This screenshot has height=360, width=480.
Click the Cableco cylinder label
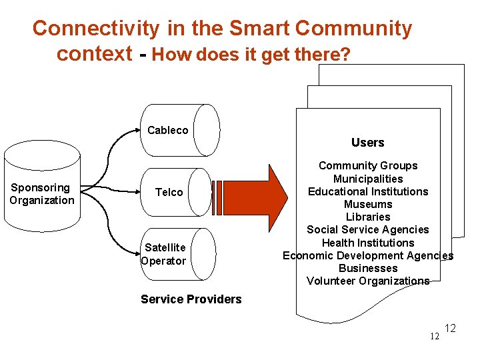[x=167, y=130]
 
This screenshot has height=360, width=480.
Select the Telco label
[x=169, y=192]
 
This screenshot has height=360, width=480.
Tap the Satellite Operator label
[x=164, y=254]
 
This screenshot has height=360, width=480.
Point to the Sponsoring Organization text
[x=41, y=194]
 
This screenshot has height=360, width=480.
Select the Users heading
[x=367, y=143]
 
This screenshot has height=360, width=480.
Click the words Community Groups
[x=368, y=165]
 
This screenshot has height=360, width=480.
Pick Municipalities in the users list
[x=368, y=179]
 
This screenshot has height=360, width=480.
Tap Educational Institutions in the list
[x=368, y=191]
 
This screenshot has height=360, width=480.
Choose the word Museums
[x=368, y=204]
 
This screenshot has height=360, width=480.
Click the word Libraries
[x=368, y=217]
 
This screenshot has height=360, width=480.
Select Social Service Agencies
[x=368, y=229]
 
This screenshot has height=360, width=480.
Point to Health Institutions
[x=368, y=243]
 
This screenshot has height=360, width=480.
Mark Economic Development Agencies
[x=368, y=255]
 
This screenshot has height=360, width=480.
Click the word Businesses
[x=368, y=268]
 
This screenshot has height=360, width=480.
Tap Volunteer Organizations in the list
[x=368, y=281]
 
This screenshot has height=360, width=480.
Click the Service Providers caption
[x=191, y=299]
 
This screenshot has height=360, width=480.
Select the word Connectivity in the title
[x=96, y=29]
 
